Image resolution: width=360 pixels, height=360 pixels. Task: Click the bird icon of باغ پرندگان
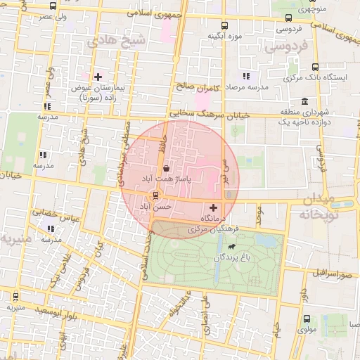[x=231, y=247]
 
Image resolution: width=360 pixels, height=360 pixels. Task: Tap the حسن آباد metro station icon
[x=155, y=195]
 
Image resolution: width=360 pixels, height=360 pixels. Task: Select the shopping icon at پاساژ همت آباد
[x=165, y=169]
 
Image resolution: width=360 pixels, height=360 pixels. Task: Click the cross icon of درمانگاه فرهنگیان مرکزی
[x=213, y=207]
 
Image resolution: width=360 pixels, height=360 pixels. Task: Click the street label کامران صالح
[x=199, y=88]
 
